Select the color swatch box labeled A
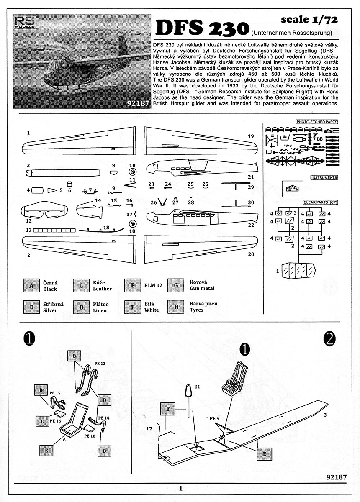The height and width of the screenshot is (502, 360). pyautogui.click(x=31, y=286)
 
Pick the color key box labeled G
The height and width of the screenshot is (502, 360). pyautogui.click(x=176, y=286)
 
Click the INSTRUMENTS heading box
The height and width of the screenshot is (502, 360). pyautogui.click(x=324, y=178)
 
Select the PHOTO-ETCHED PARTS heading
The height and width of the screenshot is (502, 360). pyautogui.click(x=316, y=122)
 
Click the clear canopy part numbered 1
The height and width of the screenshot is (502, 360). pyautogui.click(x=298, y=271)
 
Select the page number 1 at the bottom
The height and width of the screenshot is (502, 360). pyautogui.click(x=180, y=488)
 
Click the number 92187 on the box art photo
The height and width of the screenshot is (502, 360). pyautogui.click(x=135, y=103)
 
